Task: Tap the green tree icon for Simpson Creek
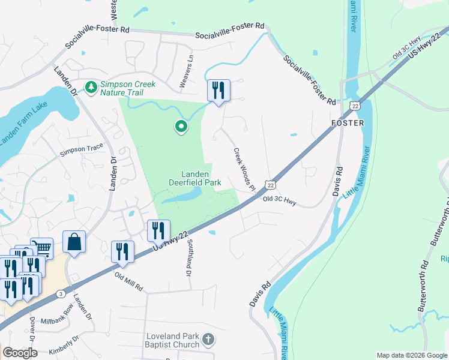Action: coord(91,88)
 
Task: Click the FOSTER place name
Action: coord(348,122)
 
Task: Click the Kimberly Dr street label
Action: coord(65,346)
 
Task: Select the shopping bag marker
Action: coord(74,242)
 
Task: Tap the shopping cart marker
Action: coord(42,248)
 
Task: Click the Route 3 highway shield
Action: coord(61,293)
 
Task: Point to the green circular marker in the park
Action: coord(180,127)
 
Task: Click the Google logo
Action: coord(20,353)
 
